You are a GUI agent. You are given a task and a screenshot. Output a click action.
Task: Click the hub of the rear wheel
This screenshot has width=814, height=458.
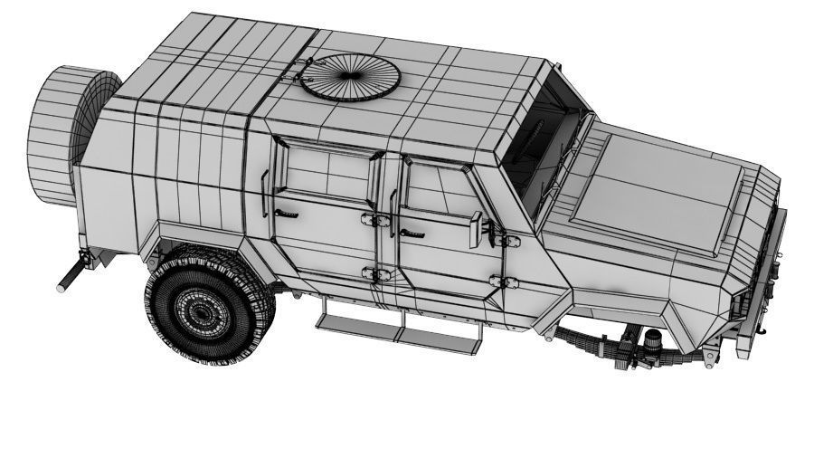(200, 310)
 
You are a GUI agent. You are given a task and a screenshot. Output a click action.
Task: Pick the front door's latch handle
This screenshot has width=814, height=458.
(412, 233)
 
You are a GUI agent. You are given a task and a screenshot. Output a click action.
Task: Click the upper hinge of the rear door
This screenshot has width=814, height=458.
(369, 219)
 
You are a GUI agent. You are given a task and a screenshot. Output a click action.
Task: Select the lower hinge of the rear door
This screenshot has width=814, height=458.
(371, 273)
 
